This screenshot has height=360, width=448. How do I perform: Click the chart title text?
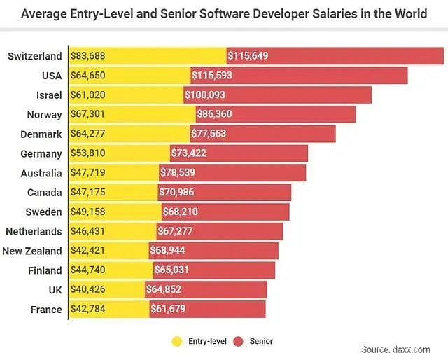pos(224,13)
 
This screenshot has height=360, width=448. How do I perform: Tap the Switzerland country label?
pos(34,56)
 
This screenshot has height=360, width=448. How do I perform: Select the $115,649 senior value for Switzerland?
pos(250,56)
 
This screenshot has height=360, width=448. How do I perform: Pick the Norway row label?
pos(43,115)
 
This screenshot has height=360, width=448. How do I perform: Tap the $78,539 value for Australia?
pos(182,173)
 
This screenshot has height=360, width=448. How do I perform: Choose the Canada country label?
pos(43,193)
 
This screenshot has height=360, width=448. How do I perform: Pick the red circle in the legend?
pos(238,341)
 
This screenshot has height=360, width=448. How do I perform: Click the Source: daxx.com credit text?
pos(401,349)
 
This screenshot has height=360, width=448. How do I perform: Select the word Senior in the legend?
pos(260,341)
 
